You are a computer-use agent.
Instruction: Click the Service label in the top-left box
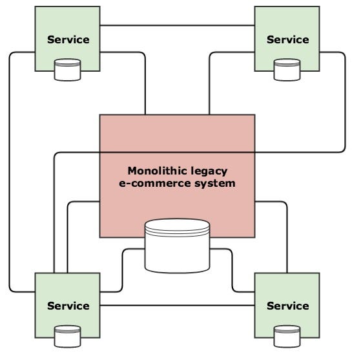click(x=68, y=39)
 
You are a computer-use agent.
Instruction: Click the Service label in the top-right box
click(x=288, y=39)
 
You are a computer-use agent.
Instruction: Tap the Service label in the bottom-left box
click(x=68, y=306)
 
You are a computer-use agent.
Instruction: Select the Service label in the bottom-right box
click(x=288, y=306)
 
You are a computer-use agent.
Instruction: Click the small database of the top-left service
click(x=67, y=70)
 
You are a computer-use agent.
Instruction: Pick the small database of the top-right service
click(x=287, y=70)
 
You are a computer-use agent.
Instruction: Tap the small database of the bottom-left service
click(x=67, y=336)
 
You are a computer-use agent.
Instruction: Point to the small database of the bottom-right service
click(x=287, y=336)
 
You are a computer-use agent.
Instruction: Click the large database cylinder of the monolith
click(x=178, y=246)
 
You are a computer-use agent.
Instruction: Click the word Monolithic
click(x=155, y=171)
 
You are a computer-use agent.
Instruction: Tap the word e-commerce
click(x=155, y=184)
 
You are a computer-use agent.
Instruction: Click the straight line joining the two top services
click(x=178, y=25)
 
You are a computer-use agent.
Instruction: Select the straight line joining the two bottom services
click(x=178, y=305)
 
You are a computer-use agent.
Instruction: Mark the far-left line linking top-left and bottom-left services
click(x=10, y=172)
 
